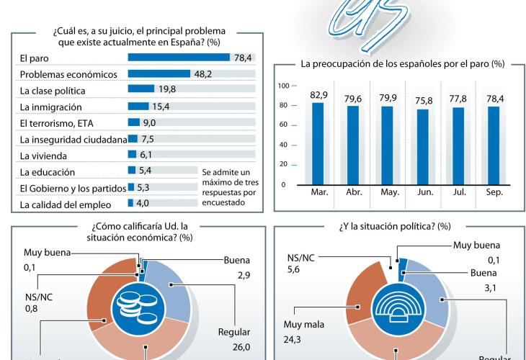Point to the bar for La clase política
pos(141,90)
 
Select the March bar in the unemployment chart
pos(318,143)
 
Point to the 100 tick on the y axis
pos(283,86)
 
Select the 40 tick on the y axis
pos(283,145)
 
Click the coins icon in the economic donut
pos(131,307)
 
